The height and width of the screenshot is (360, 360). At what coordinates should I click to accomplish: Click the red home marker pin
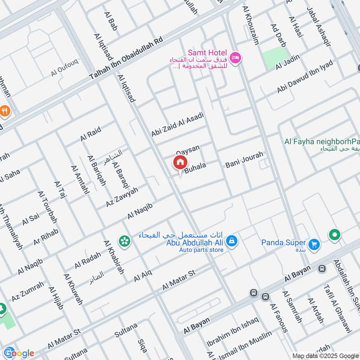click(180, 162)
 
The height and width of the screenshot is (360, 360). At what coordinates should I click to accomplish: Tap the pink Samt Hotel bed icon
click(235, 58)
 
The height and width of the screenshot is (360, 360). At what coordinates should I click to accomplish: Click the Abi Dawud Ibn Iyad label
click(305, 77)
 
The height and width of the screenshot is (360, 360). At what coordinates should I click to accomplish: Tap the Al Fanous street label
click(279, 317)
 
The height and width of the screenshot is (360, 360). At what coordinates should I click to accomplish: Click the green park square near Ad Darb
click(275, 58)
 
